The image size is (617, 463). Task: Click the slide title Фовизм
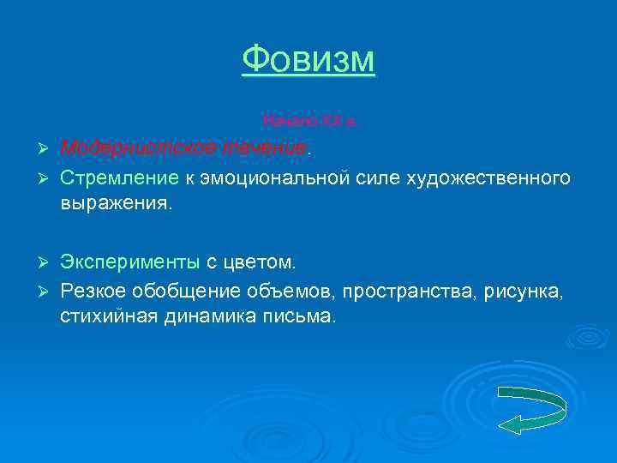tap(308, 60)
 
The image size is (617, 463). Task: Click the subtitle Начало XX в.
tap(308, 122)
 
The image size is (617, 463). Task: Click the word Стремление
tap(117, 177)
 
